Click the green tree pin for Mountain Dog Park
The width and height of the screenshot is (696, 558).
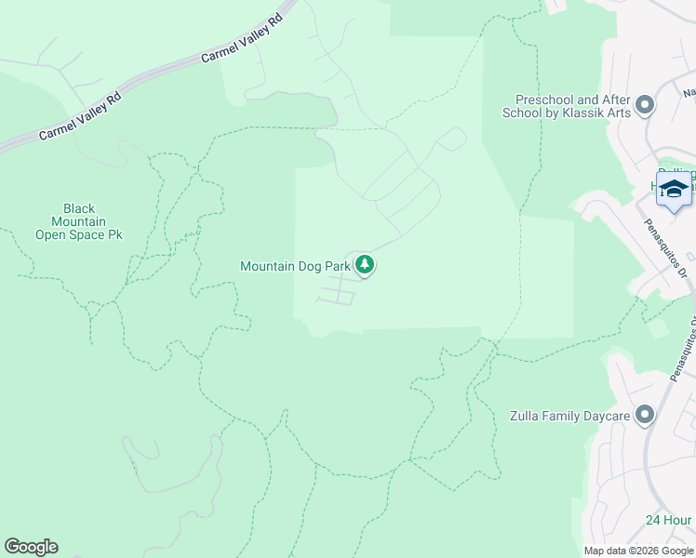(x=366, y=266)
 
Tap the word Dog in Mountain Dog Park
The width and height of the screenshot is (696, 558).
(x=311, y=266)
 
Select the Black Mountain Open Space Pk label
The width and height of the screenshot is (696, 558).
(x=79, y=222)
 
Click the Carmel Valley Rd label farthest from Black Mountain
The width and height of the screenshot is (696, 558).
(x=241, y=39)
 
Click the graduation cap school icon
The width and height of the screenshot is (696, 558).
(x=674, y=189)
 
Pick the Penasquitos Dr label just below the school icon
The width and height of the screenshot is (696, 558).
(x=664, y=248)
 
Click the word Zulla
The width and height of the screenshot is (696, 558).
(x=525, y=417)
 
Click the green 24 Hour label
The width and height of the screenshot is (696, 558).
(x=669, y=520)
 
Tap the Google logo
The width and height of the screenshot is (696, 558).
(x=31, y=547)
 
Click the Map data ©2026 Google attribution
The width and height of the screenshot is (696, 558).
(x=637, y=551)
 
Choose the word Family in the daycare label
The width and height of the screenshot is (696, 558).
(x=562, y=417)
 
